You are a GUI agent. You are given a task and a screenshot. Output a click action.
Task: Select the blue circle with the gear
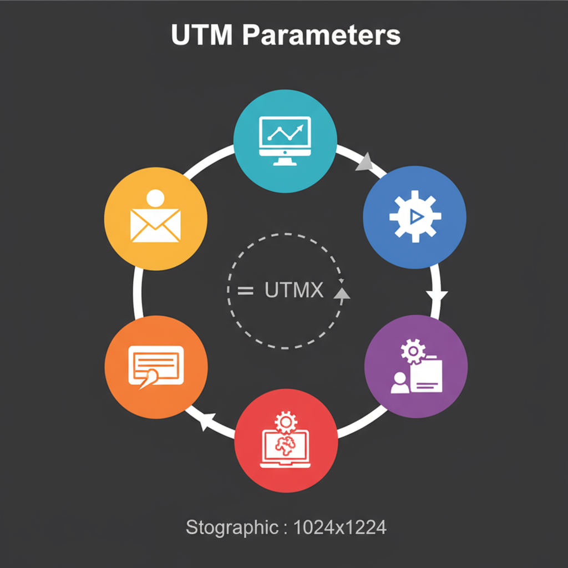click(x=414, y=217)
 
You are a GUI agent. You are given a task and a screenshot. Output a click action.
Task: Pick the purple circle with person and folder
click(x=415, y=366)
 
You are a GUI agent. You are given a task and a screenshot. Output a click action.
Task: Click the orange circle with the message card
click(x=156, y=367)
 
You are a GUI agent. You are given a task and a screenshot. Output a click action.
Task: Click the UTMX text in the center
click(x=294, y=290)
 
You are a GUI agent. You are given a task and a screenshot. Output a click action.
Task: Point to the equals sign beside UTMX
click(x=245, y=290)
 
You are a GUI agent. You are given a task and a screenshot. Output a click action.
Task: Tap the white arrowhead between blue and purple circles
click(x=437, y=296)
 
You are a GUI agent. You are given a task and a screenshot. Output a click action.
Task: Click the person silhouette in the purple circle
click(x=399, y=383)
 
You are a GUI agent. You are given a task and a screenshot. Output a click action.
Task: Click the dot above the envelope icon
click(x=156, y=197)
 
